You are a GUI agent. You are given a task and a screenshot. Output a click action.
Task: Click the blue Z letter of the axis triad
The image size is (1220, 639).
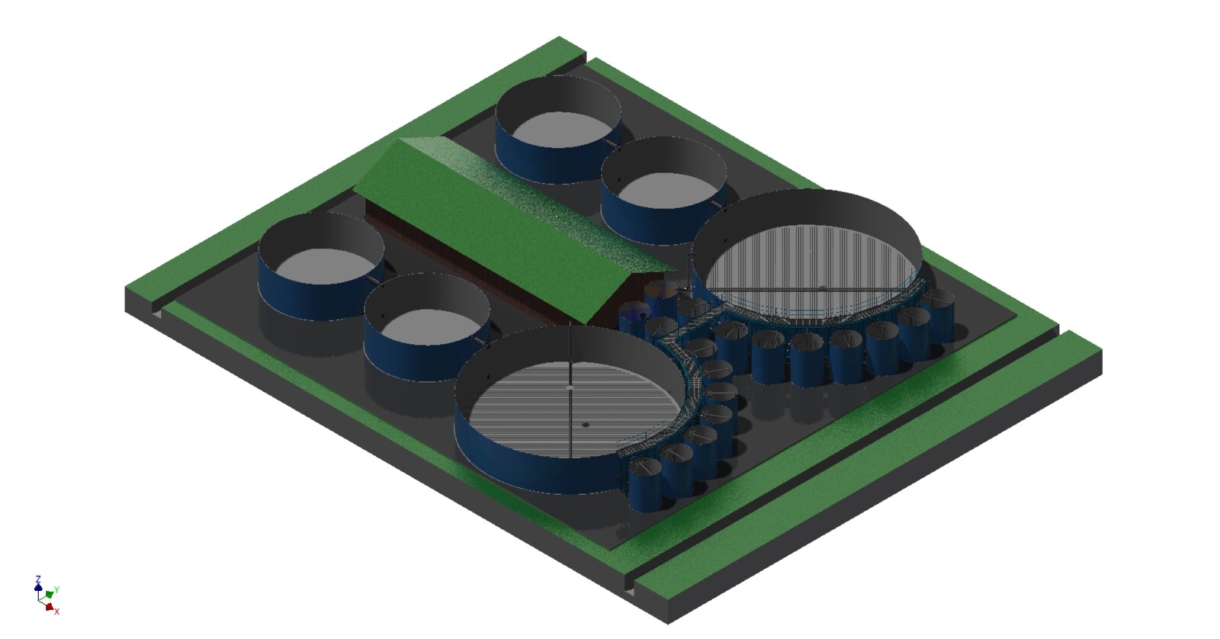(x=38, y=579)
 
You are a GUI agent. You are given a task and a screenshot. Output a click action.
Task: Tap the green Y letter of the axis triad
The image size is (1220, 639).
(x=56, y=590)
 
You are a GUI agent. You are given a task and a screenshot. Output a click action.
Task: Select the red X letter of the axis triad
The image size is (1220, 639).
(x=56, y=612)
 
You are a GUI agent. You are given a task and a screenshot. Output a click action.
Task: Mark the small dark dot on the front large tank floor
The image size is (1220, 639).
(x=586, y=425)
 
